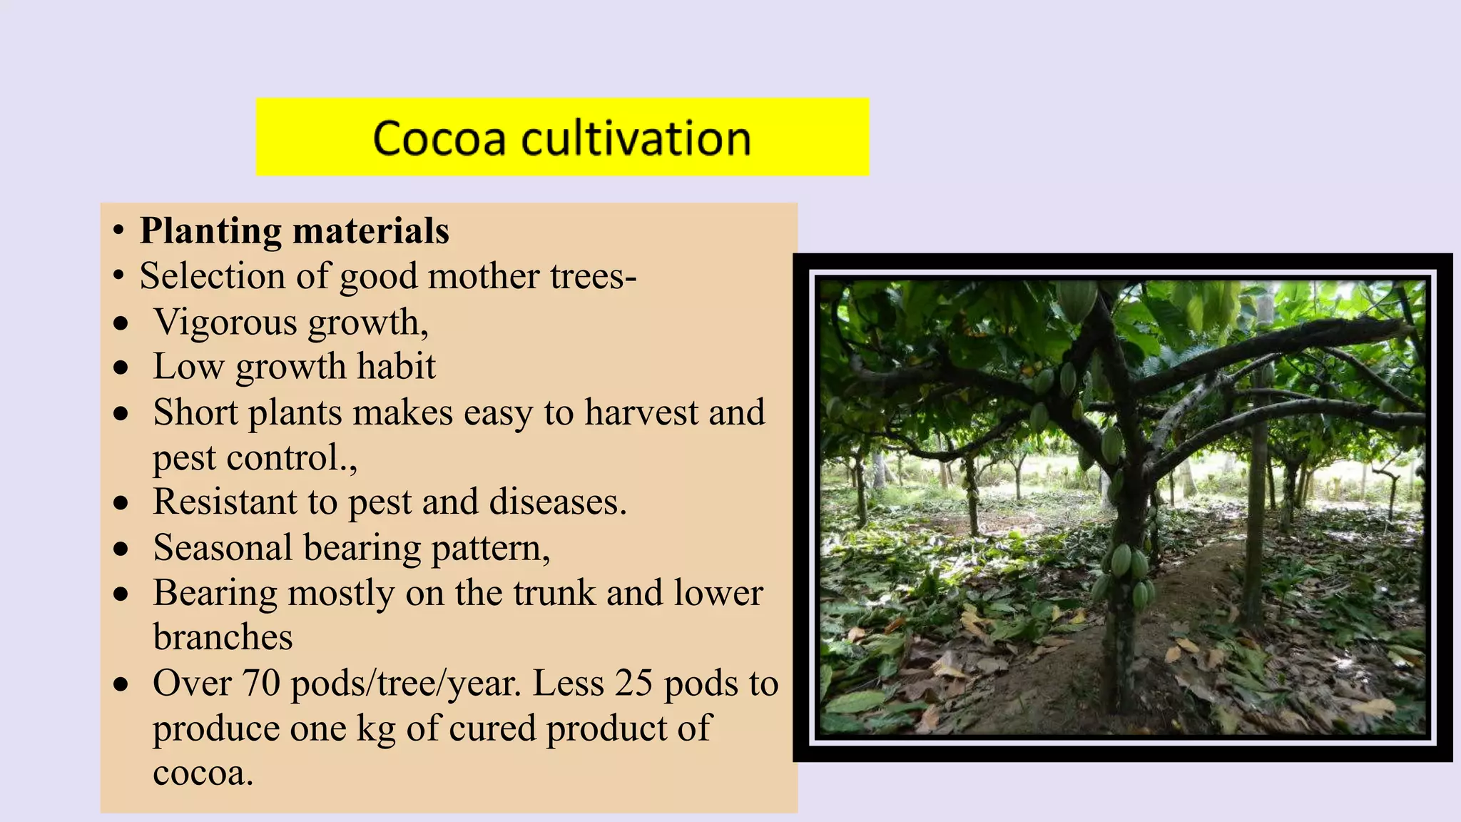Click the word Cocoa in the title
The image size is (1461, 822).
[439, 138]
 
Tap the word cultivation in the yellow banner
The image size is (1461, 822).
[636, 138]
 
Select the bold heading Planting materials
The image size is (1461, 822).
[294, 231]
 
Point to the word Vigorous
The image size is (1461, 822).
[225, 323]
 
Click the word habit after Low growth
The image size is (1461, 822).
[396, 367]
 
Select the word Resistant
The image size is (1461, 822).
[225, 502]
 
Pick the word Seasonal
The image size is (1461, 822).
[223, 548]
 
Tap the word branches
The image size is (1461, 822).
[223, 637]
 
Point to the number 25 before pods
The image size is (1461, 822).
[633, 684]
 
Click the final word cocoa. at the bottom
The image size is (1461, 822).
[203, 773]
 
